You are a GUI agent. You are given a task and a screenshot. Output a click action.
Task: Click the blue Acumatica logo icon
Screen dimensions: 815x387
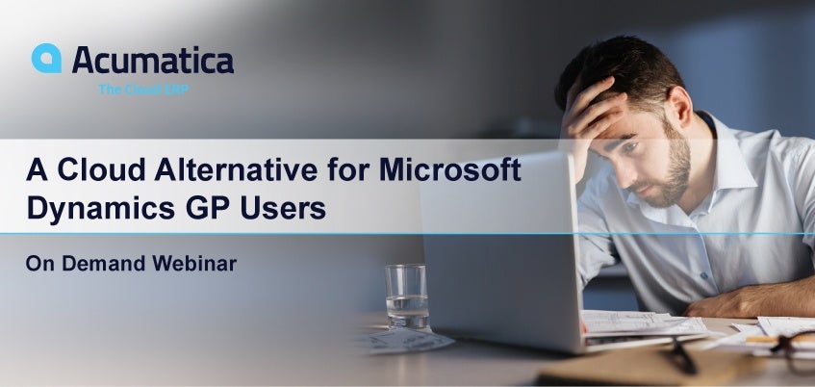[46, 58]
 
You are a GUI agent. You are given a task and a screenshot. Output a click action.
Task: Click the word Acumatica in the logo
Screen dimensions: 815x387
[153, 60]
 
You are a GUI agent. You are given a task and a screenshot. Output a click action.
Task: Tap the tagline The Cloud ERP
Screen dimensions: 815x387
[143, 90]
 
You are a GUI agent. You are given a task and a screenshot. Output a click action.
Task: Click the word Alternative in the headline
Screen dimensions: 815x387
[237, 169]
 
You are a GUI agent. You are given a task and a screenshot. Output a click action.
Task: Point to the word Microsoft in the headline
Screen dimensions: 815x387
[450, 169]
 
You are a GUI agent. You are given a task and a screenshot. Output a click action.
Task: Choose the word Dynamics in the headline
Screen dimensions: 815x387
[101, 209]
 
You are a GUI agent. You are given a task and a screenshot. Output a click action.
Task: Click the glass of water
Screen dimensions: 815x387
[407, 297]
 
